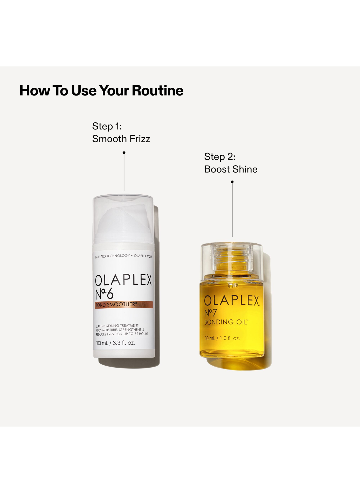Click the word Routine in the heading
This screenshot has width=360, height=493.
[x=157, y=90]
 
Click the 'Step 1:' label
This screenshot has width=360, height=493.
[x=107, y=126]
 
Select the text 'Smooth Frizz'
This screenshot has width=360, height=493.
[x=121, y=139]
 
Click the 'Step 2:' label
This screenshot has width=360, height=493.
[x=220, y=157]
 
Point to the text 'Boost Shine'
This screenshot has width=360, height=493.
[x=231, y=169]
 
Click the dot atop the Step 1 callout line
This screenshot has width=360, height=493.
[x=124, y=153]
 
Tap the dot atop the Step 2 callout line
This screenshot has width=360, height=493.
[x=232, y=182]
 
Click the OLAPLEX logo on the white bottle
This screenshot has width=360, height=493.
[x=124, y=280]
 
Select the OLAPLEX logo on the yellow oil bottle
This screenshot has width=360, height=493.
[x=232, y=300]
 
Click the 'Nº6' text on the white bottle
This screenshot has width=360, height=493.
[x=104, y=294]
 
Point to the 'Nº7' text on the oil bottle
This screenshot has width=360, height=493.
[x=211, y=313]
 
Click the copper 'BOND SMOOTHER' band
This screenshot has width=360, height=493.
[x=124, y=305]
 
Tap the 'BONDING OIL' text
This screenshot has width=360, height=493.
[x=226, y=322]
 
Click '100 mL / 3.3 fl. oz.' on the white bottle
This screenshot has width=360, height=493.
[x=115, y=343]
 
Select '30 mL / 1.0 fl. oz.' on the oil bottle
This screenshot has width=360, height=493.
[x=222, y=338]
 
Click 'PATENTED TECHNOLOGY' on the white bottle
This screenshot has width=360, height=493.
[x=112, y=256]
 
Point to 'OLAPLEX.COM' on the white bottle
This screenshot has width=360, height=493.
[x=143, y=256]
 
